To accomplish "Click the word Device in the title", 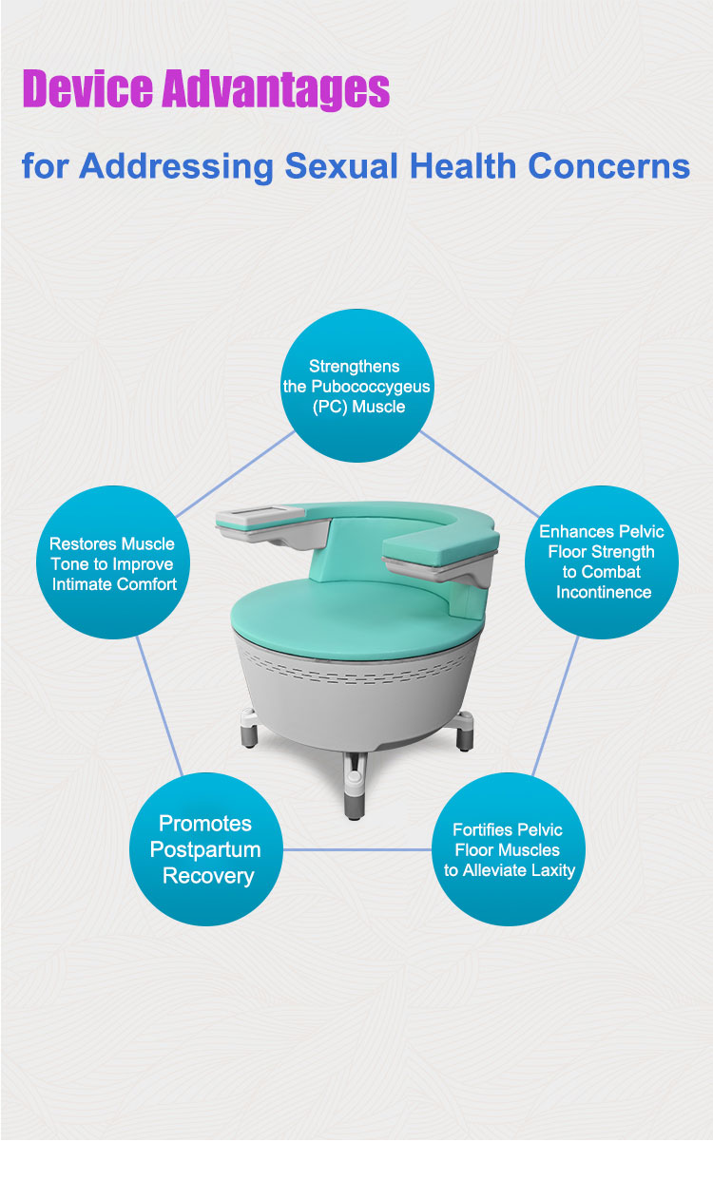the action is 88,88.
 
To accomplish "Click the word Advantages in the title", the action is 276,89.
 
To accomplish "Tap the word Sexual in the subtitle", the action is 341,166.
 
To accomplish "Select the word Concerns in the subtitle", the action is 608,166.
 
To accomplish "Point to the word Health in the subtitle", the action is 463,166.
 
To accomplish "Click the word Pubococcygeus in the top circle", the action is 371,388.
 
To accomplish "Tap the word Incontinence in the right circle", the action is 604,592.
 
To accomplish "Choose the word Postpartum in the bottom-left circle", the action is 205,850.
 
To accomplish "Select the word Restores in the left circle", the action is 74,543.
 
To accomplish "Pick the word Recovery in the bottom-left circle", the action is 208,876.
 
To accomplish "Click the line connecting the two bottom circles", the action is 357,849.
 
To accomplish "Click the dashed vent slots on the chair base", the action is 356,668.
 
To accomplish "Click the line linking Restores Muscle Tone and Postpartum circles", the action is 160,706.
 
